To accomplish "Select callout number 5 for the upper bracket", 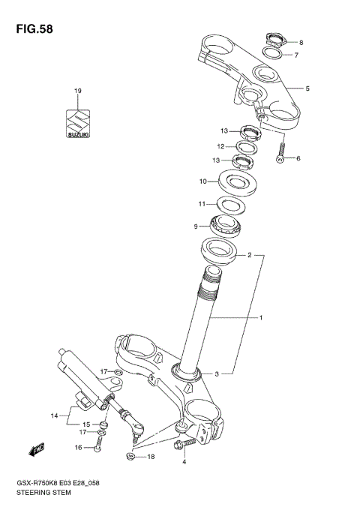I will pos(307,88).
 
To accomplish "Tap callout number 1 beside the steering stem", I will pos(260,318).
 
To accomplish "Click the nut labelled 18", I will pos(132,455).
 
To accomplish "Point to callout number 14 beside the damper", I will pos(54,415).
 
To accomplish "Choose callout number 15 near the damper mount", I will pos(87,424).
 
